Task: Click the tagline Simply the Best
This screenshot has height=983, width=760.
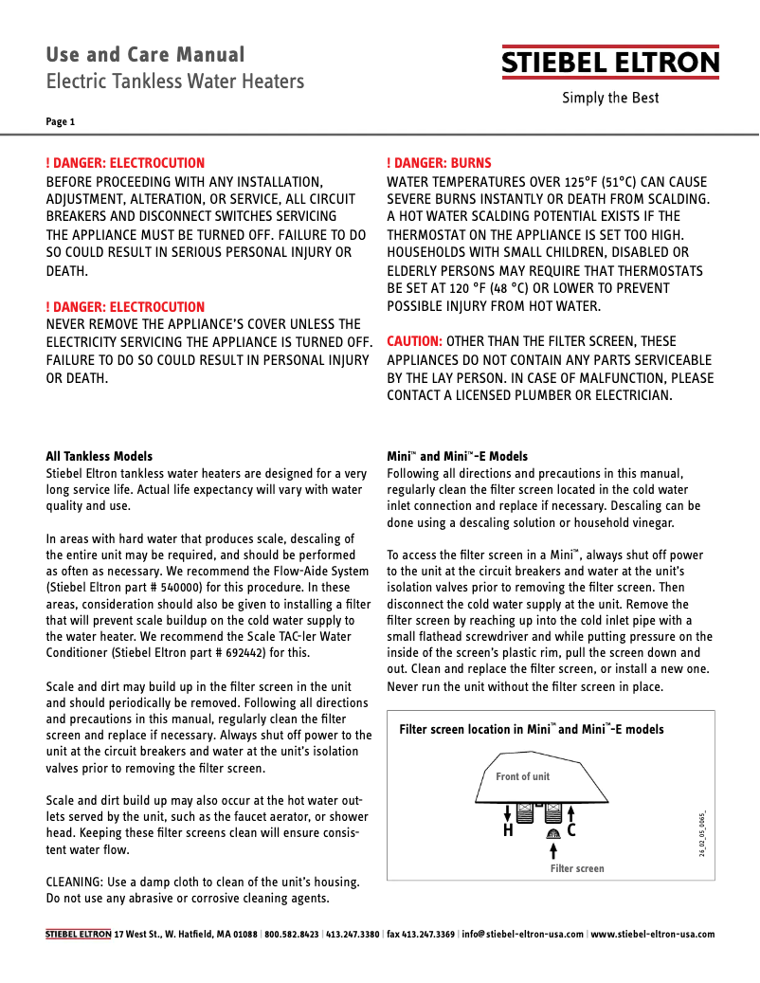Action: [x=610, y=98]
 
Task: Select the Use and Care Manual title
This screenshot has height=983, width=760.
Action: [x=145, y=55]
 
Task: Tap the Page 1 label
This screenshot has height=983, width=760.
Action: [x=60, y=121]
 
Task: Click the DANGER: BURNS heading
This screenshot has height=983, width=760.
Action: [x=439, y=163]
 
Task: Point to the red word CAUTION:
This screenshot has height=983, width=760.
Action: [x=414, y=341]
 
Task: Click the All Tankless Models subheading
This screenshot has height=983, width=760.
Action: [x=100, y=456]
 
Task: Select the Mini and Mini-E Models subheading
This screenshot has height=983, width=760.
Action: [x=457, y=456]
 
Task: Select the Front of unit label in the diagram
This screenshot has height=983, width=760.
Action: [x=522, y=776]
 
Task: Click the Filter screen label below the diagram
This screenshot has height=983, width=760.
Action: [x=577, y=868]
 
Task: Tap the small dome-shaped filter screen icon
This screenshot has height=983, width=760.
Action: [x=552, y=832]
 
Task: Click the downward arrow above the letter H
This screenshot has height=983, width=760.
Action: [x=508, y=812]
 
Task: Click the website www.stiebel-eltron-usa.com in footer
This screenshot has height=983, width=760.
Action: [x=652, y=934]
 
